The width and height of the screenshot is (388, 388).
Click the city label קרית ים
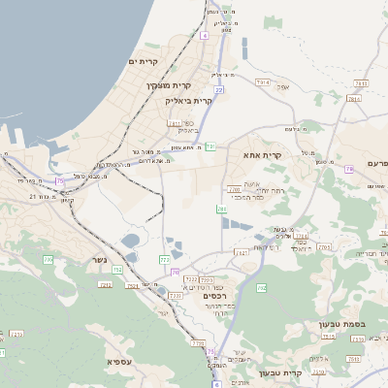point(143,62)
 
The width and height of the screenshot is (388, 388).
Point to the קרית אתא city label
point(262,154)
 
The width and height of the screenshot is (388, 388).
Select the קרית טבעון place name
point(282,372)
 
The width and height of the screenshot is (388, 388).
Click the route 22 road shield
point(219,89)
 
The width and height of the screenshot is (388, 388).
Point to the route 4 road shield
point(205,35)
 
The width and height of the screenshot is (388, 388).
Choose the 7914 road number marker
point(261,84)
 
